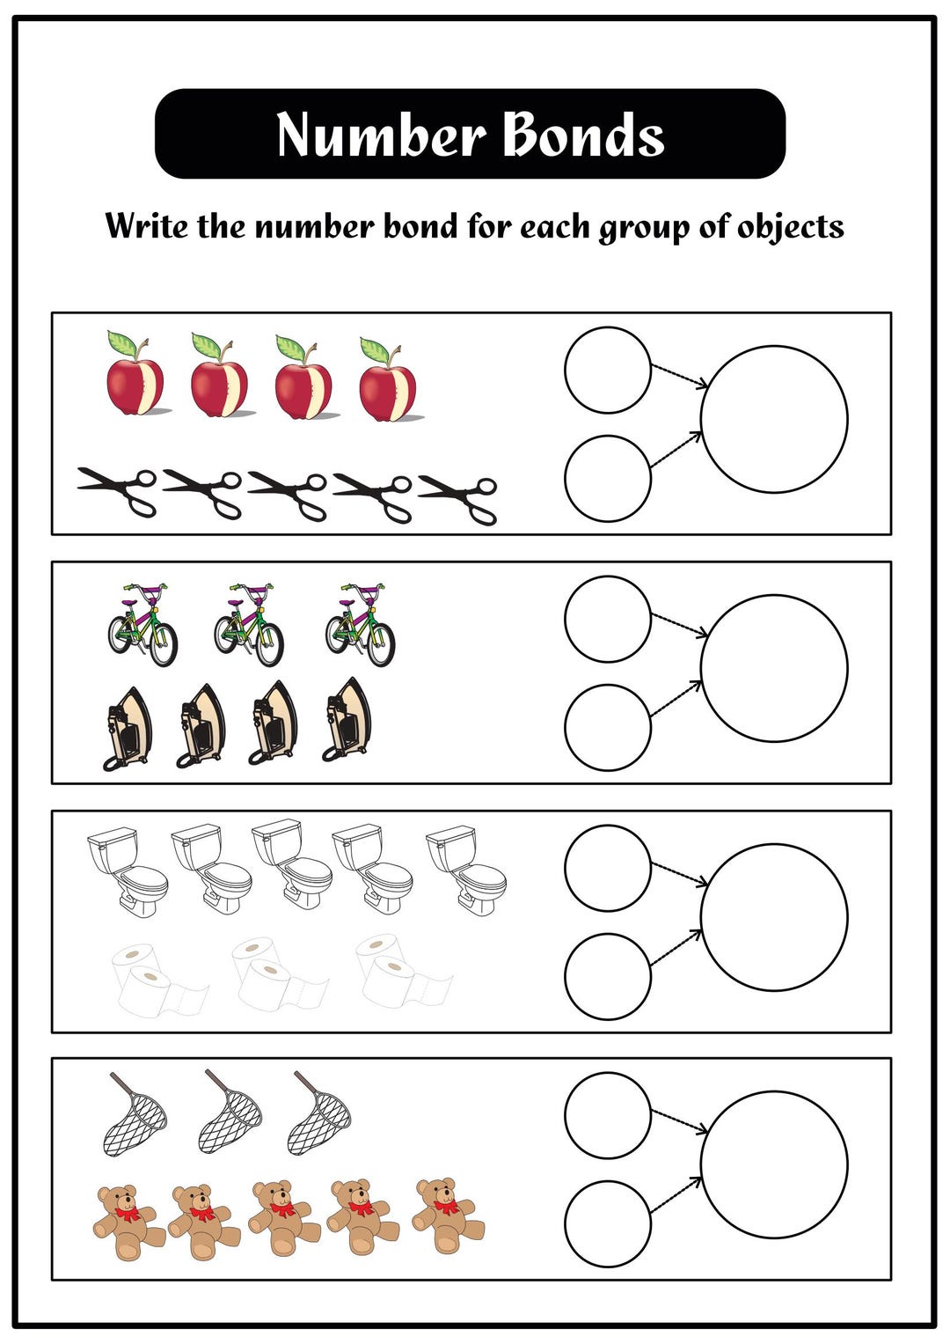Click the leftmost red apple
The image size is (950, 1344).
coord(135,378)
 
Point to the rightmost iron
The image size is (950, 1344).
coord(347,719)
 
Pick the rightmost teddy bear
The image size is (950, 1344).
coord(448,1215)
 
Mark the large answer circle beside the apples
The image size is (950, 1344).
coord(774,419)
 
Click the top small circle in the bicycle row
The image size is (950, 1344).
coord(607,619)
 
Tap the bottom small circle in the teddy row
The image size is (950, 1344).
coord(607,1223)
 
